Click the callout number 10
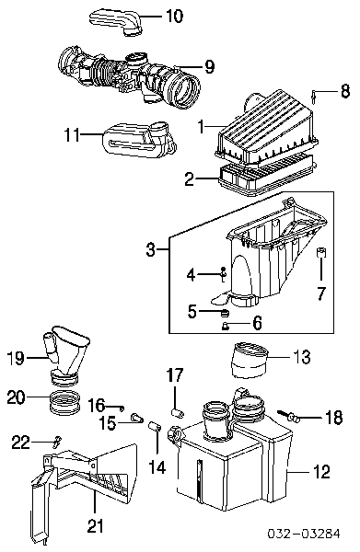[174, 16]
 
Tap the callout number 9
[209, 66]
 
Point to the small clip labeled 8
[313, 97]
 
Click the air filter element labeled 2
[268, 179]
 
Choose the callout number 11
[72, 134]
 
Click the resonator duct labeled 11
[139, 139]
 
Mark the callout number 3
[150, 249]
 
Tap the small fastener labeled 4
[223, 274]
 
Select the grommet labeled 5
[224, 312]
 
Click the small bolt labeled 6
[225, 327]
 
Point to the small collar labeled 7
[321, 252]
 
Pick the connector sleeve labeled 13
[250, 360]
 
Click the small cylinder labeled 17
[178, 412]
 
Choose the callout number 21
[95, 526]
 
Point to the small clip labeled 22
[57, 442]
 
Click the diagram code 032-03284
[304, 534]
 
